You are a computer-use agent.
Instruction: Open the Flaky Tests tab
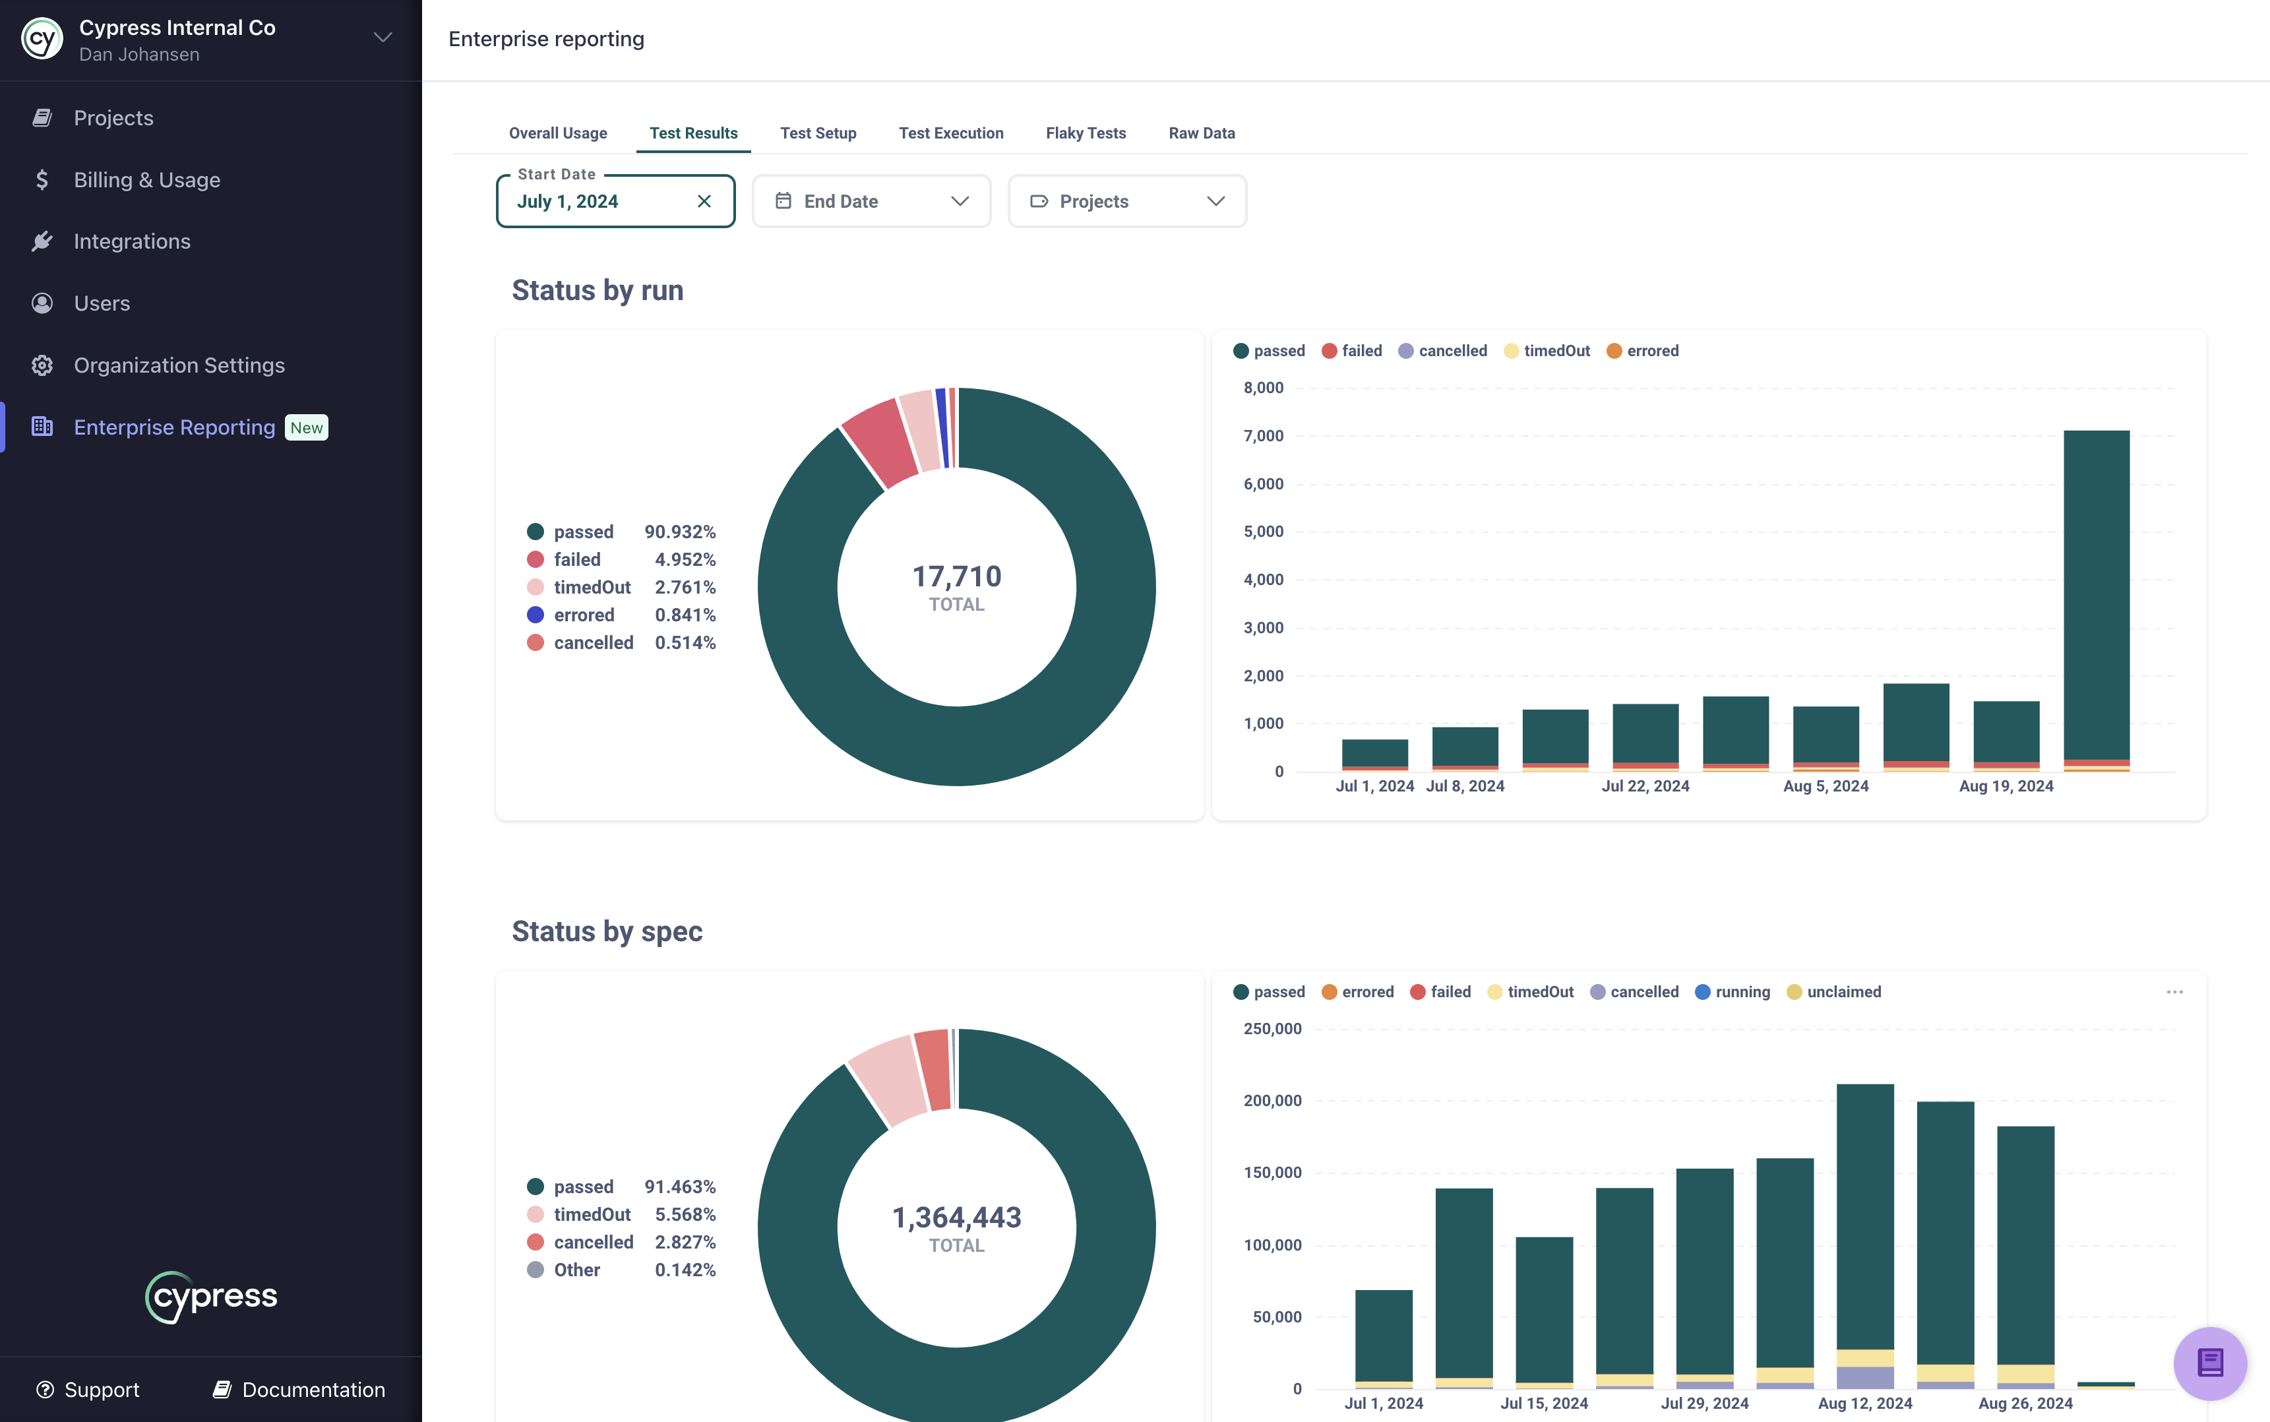pos(1085,133)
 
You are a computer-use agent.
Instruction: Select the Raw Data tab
pos(1201,133)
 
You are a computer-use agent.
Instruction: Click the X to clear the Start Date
pos(704,201)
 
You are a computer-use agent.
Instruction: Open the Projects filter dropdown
pos(1126,201)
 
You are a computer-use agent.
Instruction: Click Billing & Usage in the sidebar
pos(146,179)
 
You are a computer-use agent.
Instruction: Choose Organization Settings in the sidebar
pos(179,365)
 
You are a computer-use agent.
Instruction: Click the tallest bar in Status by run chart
pos(2096,592)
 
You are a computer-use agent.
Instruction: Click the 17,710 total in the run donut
pos(956,576)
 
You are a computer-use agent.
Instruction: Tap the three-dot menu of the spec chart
pos(2174,992)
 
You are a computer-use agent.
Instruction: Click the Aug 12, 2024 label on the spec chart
pos(1864,1403)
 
